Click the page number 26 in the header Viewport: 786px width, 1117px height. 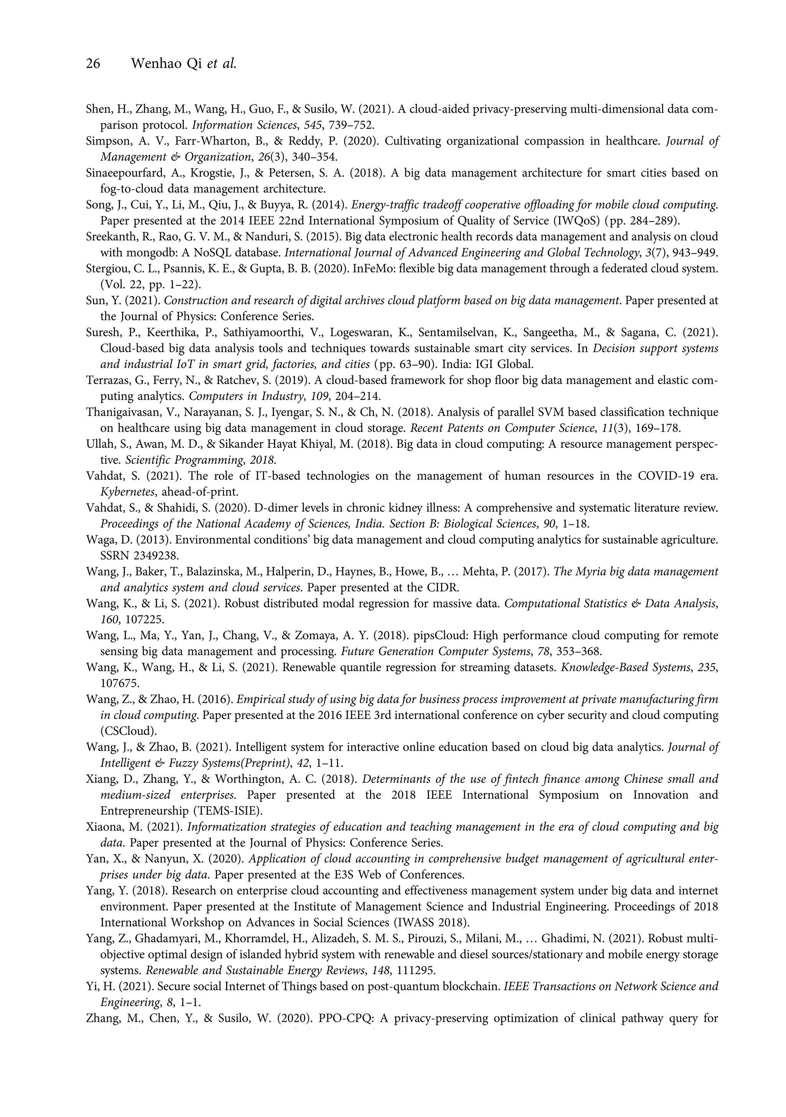click(x=93, y=64)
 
